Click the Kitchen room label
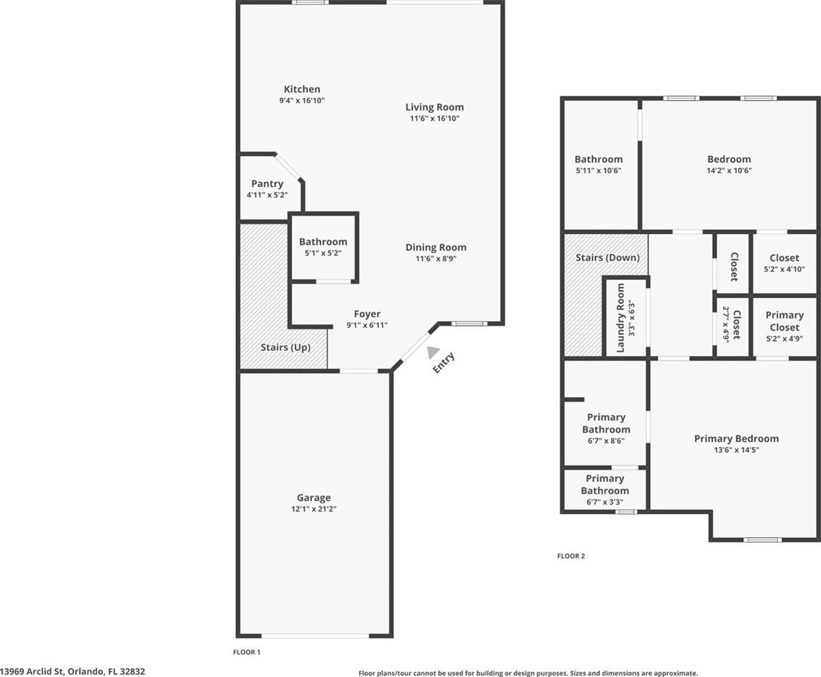pos(302,89)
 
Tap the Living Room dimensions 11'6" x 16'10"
pos(434,118)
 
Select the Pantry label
pos(267,183)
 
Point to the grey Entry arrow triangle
pos(433,352)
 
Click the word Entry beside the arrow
pos(443,362)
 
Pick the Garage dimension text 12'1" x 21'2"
pos(314,509)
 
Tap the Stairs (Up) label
pos(285,347)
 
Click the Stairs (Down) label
pos(608,257)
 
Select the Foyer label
pos(367,314)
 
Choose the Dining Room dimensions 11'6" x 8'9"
pos(436,259)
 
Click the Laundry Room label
pos(621,318)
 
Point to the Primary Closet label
pos(785,321)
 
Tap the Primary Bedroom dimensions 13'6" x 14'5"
pos(736,450)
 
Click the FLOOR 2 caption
pos(571,556)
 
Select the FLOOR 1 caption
pos(246,652)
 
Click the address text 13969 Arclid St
pos(32,672)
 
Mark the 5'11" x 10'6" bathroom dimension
pos(599,170)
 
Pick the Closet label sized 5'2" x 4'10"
pos(785,258)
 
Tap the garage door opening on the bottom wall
pos(315,636)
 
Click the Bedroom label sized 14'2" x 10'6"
pos(729,159)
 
